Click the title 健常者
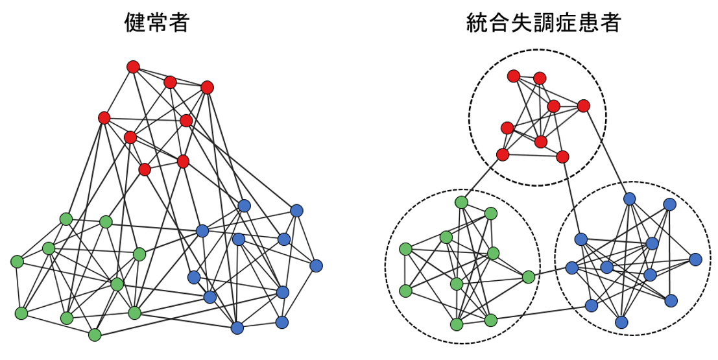click(156, 24)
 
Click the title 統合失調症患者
click(544, 24)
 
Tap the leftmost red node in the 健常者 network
click(104, 117)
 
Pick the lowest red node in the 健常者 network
click(145, 169)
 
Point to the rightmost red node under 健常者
click(208, 87)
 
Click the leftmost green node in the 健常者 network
click(17, 261)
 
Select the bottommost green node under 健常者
click(95, 335)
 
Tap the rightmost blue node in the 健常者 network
click(316, 265)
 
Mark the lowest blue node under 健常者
click(237, 328)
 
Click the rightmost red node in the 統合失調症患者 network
click(584, 106)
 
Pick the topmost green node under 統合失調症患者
click(462, 202)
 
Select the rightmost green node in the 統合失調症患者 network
click(529, 277)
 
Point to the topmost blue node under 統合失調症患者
click(629, 198)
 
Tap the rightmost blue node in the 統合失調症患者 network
click(696, 259)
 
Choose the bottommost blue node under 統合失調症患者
click(622, 322)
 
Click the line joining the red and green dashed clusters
click(482, 178)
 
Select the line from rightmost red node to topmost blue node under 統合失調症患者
click(606, 152)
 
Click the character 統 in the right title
click(477, 24)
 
